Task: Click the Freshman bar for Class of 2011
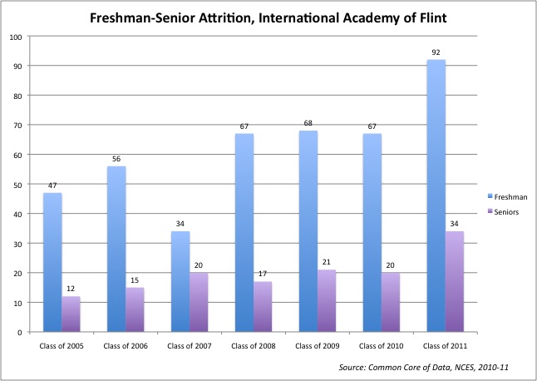click(x=436, y=195)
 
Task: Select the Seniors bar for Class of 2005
click(x=71, y=314)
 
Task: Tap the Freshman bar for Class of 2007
click(x=180, y=282)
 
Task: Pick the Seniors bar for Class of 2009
click(x=327, y=301)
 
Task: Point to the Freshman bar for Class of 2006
click(x=116, y=249)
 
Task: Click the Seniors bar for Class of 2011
click(x=455, y=282)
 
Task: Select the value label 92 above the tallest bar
click(x=436, y=52)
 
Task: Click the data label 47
click(x=52, y=186)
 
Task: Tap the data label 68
click(x=308, y=123)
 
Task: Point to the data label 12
click(x=71, y=289)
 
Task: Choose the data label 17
click(x=263, y=274)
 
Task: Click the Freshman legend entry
click(x=508, y=197)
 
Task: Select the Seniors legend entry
click(x=503, y=212)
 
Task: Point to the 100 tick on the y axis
click(x=16, y=37)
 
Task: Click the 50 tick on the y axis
click(x=17, y=185)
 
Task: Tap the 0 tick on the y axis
click(x=20, y=333)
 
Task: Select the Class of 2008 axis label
click(x=254, y=346)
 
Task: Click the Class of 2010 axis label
click(x=382, y=346)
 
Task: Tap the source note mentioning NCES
click(x=424, y=368)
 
